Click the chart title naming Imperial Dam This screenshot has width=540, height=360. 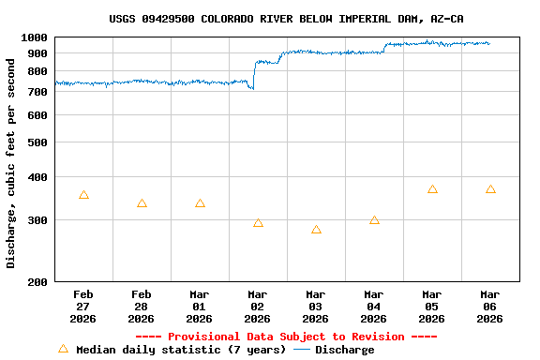click(286, 19)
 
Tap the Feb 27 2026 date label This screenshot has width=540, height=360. click(83, 306)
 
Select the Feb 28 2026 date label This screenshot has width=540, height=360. click(142, 306)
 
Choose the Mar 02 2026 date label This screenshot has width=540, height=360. click(258, 306)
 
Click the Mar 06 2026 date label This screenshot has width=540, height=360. click(489, 306)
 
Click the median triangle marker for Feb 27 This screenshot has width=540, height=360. click(83, 195)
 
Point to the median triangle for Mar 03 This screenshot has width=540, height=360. click(316, 230)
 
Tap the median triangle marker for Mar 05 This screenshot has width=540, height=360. click(432, 189)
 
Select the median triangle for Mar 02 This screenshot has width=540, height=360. click(258, 223)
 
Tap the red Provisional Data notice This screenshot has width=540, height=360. click(286, 337)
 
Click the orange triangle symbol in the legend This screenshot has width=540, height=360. click(63, 349)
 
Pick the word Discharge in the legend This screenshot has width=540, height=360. click(344, 350)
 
